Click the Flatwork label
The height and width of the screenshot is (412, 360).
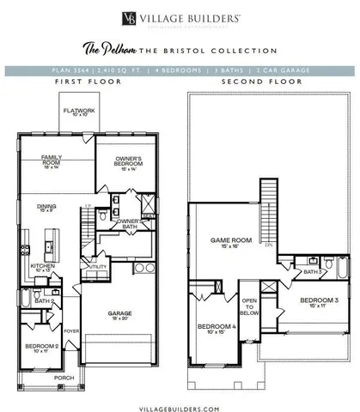pyautogui.click(x=76, y=112)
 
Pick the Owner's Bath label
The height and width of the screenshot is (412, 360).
pyautogui.click(x=128, y=222)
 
